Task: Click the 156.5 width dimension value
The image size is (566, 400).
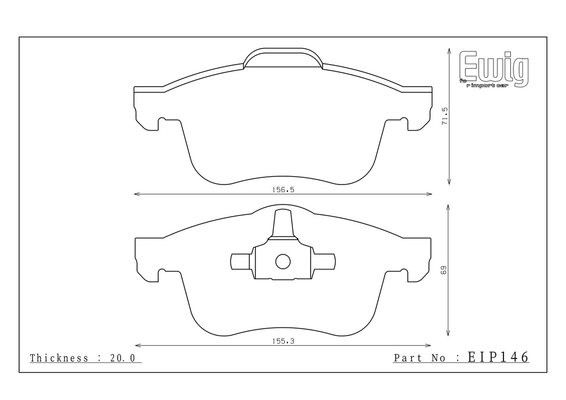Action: (283, 190)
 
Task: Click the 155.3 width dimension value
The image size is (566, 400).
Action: (283, 341)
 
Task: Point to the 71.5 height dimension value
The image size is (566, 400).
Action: (444, 116)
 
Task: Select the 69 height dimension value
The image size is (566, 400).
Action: (444, 270)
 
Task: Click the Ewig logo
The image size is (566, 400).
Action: (494, 69)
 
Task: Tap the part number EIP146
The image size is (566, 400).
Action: (498, 357)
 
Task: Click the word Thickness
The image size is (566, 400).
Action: (59, 358)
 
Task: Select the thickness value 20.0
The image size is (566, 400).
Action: (122, 358)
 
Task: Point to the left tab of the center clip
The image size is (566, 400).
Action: (240, 262)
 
